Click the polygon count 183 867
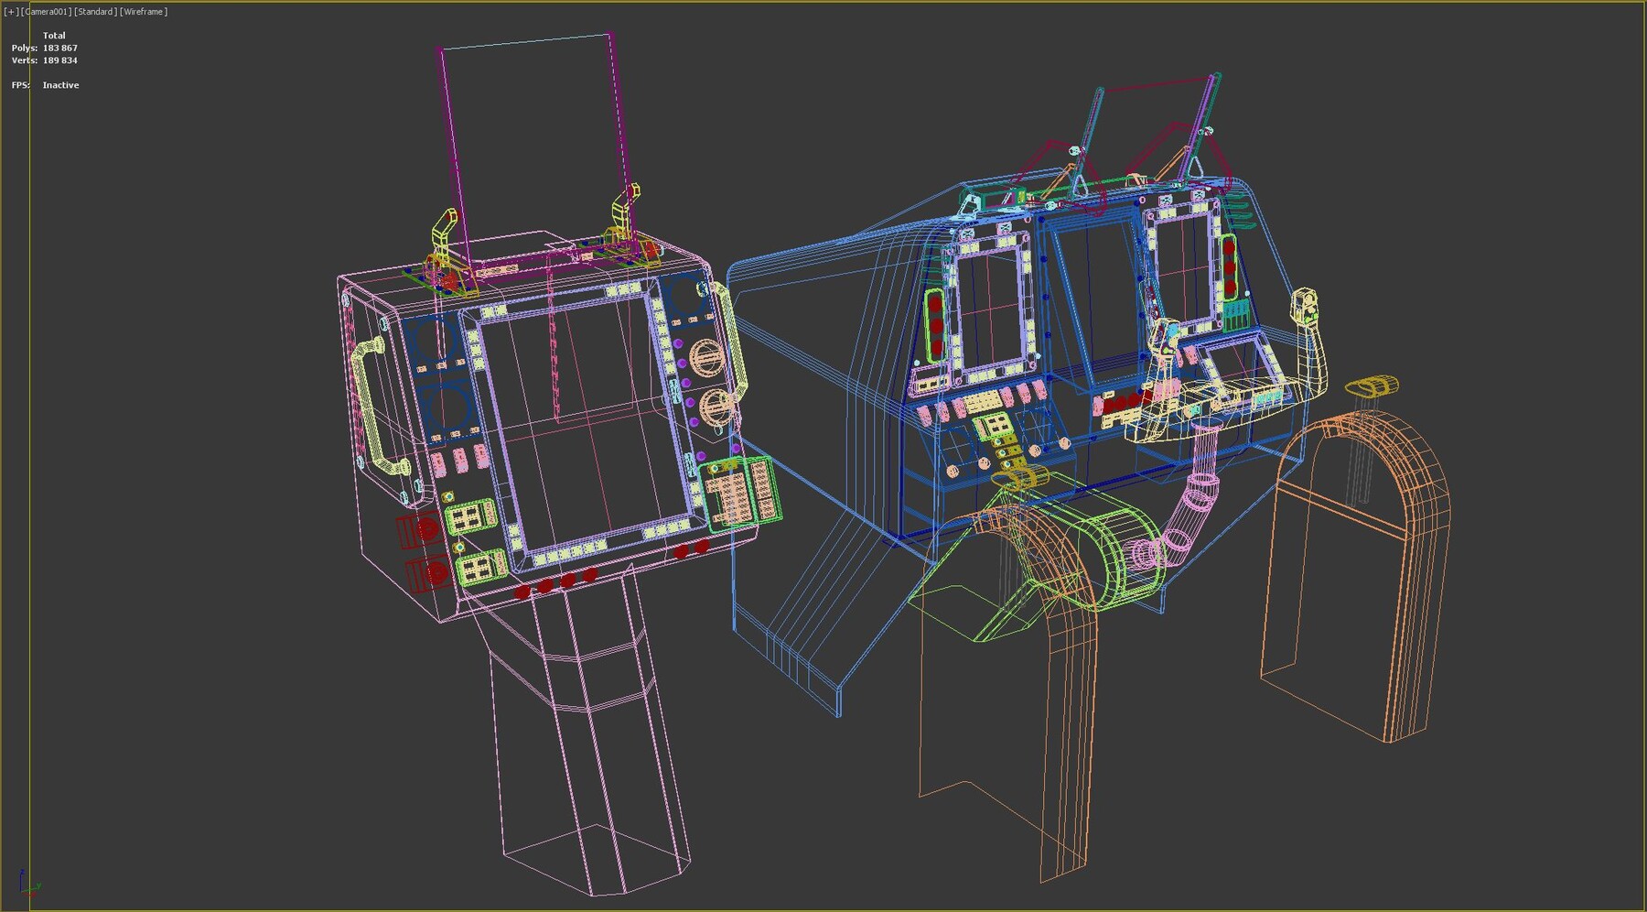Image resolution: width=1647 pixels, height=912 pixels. pos(59,48)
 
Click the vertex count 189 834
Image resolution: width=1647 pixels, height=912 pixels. pos(59,60)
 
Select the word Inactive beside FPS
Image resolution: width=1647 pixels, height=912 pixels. pos(60,85)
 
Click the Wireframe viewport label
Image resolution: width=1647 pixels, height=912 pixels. pos(144,12)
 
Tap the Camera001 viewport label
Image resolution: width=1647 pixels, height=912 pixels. pos(47,12)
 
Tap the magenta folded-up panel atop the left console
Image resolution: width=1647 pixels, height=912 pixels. pos(533,147)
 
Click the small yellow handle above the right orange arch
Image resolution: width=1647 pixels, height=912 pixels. pos(1372,386)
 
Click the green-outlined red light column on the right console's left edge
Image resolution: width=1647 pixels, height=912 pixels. pos(935,325)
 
